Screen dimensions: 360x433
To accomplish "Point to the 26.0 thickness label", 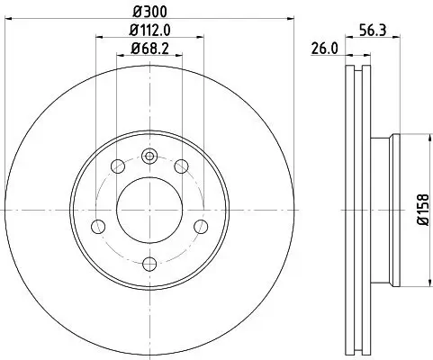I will click(324, 50).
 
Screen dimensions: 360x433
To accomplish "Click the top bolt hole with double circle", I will click(149, 155).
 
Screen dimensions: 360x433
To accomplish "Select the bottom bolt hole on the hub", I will click(149, 264).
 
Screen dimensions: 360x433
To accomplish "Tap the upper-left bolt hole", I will click(118, 166).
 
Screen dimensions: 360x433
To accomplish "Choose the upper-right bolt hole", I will click(182, 166).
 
